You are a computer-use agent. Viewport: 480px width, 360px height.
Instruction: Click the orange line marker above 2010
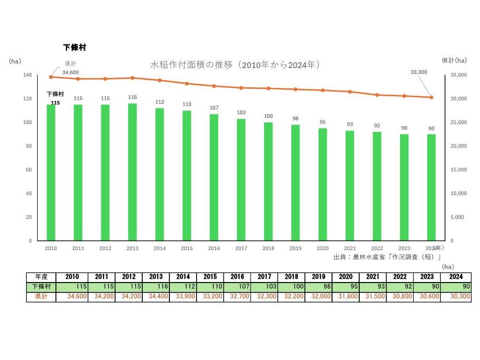(x=51, y=77)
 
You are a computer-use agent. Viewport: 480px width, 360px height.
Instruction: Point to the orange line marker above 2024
(x=431, y=97)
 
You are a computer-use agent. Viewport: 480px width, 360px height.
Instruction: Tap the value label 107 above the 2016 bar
(x=214, y=108)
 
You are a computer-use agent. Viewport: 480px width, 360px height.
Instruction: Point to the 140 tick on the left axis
(x=27, y=75)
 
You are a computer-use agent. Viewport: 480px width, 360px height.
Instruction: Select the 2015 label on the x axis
(x=187, y=249)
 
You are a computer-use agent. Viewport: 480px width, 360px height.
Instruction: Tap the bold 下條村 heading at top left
(x=74, y=47)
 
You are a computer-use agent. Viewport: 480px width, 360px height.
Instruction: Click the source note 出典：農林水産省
(x=387, y=257)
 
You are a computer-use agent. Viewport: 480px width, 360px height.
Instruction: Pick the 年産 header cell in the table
(x=41, y=277)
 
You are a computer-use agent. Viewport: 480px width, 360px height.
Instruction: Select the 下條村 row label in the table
(x=41, y=287)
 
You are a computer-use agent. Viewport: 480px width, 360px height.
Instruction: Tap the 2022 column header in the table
(x=373, y=277)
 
